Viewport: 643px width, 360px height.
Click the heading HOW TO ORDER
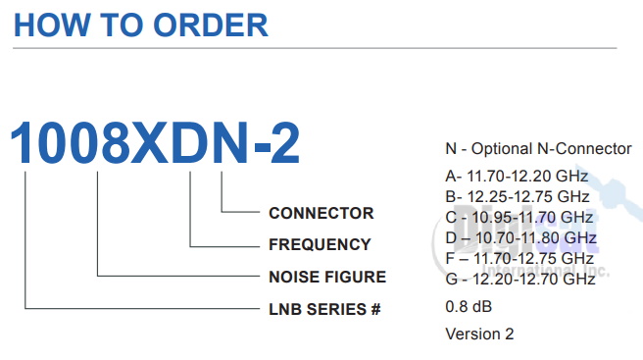(x=141, y=25)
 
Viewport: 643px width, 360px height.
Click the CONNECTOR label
(x=321, y=213)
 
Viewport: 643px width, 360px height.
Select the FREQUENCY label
(x=320, y=244)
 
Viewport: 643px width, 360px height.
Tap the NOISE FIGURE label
(x=327, y=277)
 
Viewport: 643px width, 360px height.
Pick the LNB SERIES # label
(x=323, y=309)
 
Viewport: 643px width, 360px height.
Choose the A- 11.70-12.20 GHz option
(x=517, y=177)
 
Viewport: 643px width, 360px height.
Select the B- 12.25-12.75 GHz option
(x=517, y=196)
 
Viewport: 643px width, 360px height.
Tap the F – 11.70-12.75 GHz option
(x=520, y=258)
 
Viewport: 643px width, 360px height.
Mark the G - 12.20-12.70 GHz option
(x=520, y=279)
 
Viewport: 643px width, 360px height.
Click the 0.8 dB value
(x=469, y=306)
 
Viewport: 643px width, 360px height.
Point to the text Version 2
(x=479, y=334)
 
